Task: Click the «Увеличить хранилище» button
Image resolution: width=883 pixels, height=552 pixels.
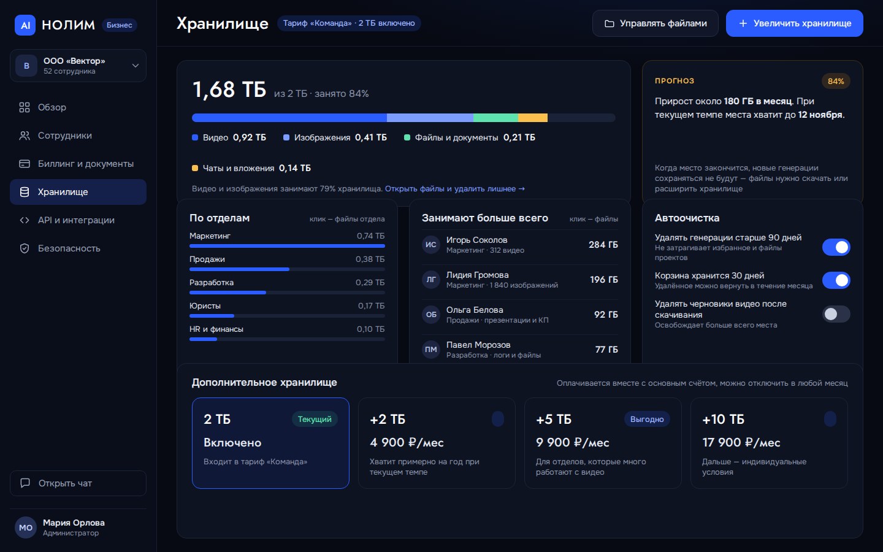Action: (794, 23)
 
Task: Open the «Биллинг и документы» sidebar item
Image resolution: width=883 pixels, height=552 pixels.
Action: (78, 164)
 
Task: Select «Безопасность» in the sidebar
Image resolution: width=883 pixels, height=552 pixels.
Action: (78, 248)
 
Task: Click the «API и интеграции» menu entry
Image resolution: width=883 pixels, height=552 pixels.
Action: (78, 220)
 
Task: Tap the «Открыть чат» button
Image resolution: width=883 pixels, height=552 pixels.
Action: (78, 483)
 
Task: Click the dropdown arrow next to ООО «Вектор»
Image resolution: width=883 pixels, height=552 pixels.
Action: (135, 66)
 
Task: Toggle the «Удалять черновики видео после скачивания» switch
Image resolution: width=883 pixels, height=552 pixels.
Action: (836, 314)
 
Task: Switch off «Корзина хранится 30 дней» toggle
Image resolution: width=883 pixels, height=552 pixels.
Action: (836, 280)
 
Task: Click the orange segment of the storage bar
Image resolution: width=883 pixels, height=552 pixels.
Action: (532, 118)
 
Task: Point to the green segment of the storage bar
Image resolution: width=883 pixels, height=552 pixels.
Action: (495, 118)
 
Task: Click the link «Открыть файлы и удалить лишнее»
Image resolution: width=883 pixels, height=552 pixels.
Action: (454, 188)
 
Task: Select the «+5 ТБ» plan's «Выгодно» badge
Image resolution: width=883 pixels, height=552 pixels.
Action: (647, 419)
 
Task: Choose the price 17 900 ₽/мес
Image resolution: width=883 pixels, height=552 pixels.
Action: (741, 442)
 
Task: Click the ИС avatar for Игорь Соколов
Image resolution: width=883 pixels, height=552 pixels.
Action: (431, 245)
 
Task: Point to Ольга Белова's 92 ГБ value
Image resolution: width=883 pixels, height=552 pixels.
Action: (606, 314)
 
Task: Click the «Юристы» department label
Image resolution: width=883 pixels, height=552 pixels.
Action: (205, 305)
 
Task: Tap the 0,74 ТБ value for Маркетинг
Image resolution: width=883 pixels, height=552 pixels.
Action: (370, 236)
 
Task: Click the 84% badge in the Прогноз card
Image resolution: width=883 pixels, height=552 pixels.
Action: (836, 81)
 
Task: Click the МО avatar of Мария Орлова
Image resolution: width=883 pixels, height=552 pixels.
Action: (26, 527)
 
